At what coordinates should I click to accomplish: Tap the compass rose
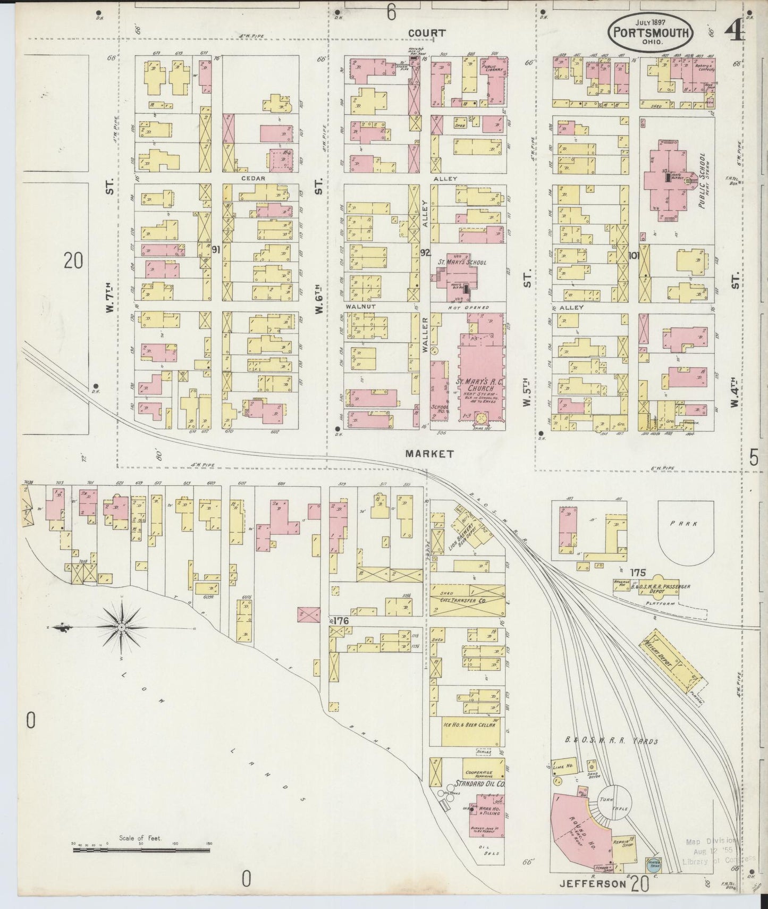pyautogui.click(x=122, y=627)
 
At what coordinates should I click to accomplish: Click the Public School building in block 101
pyautogui.click(x=668, y=181)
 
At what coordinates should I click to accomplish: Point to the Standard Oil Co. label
pyautogui.click(x=479, y=784)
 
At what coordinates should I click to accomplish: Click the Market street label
pyautogui.click(x=429, y=453)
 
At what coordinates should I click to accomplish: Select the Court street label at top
pyautogui.click(x=426, y=33)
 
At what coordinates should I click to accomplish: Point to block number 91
pyautogui.click(x=216, y=250)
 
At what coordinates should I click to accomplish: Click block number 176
pyautogui.click(x=341, y=620)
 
